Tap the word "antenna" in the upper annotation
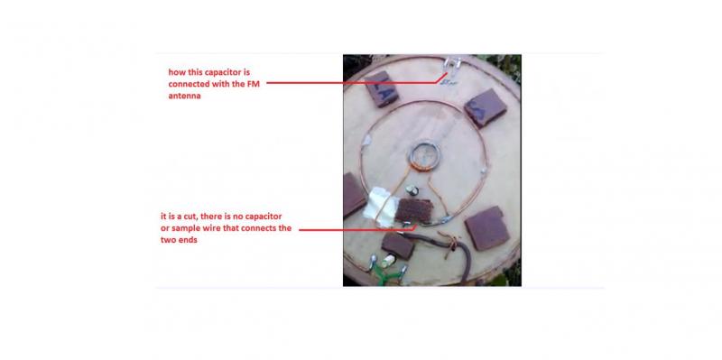184,97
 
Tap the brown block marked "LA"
382,88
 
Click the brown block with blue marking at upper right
486,107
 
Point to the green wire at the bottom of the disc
386,275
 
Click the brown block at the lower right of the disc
487,228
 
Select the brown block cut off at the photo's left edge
354,195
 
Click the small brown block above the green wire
398,245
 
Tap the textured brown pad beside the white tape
414,211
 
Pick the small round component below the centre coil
412,189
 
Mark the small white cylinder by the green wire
389,260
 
